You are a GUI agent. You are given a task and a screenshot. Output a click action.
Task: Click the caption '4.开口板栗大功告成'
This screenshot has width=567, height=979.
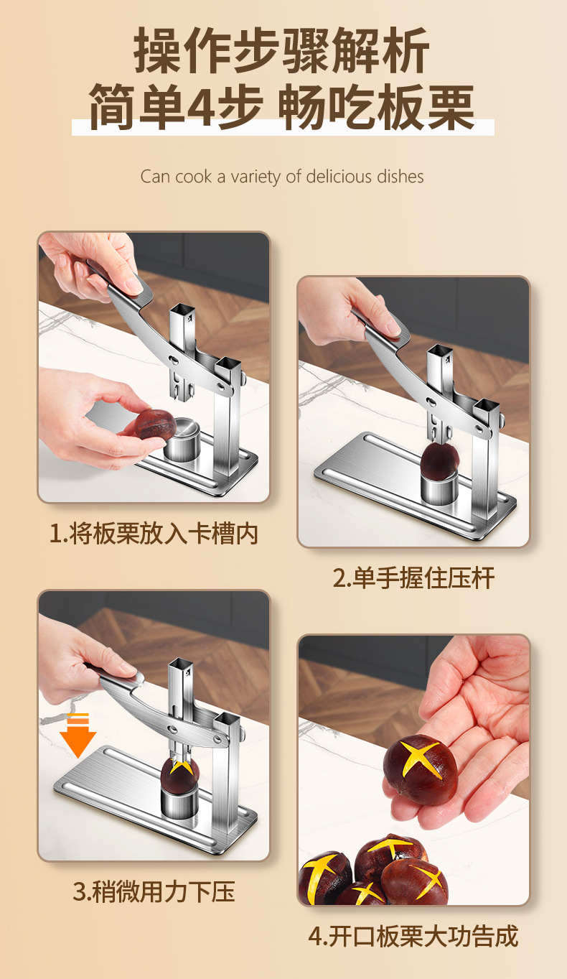click(x=413, y=936)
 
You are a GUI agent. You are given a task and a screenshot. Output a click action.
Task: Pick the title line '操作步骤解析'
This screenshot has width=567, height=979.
click(x=282, y=50)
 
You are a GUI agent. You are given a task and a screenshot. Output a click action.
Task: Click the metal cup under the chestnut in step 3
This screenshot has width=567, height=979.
click(x=179, y=801)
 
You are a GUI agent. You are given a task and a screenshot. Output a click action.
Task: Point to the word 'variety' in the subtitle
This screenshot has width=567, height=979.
click(x=256, y=177)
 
